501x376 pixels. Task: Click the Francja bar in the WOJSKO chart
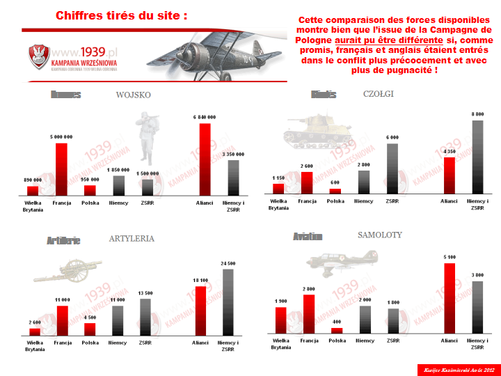61,169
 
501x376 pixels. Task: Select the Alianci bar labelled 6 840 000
205,159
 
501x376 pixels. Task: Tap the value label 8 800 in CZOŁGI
477,114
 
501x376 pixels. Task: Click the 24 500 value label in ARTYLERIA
228,264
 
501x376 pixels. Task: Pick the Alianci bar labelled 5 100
450,298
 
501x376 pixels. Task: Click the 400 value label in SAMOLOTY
337,322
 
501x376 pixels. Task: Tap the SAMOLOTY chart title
380,235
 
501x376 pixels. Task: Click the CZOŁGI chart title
379,94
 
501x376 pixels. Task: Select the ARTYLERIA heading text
132,238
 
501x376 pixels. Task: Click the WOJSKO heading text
133,95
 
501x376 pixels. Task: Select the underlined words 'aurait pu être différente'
394,40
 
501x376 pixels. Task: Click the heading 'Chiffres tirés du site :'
121,15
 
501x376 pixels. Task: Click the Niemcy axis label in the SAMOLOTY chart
365,340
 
